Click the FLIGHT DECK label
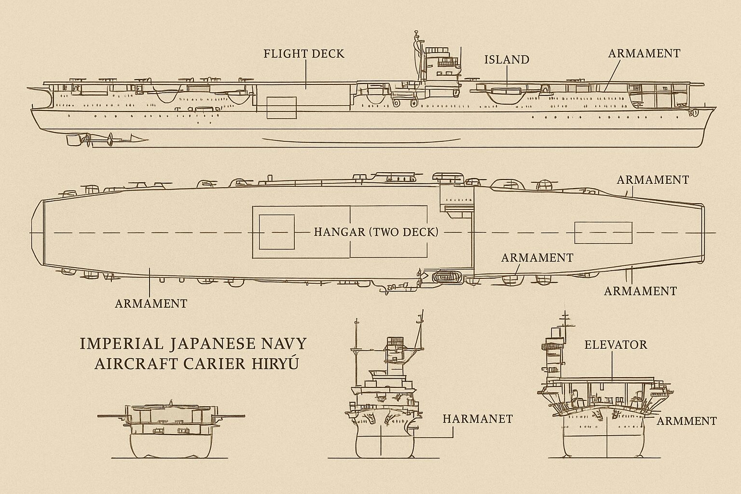(304, 54)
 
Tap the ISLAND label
(507, 60)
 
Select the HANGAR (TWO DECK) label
(376, 232)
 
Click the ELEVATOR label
(616, 345)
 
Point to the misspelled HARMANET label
(477, 419)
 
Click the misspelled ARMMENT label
(687, 421)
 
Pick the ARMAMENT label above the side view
(644, 54)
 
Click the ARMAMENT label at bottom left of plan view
(151, 303)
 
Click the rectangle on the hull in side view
(281, 107)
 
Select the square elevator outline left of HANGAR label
(276, 232)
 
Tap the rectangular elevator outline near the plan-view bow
(603, 232)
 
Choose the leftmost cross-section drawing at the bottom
(171, 430)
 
